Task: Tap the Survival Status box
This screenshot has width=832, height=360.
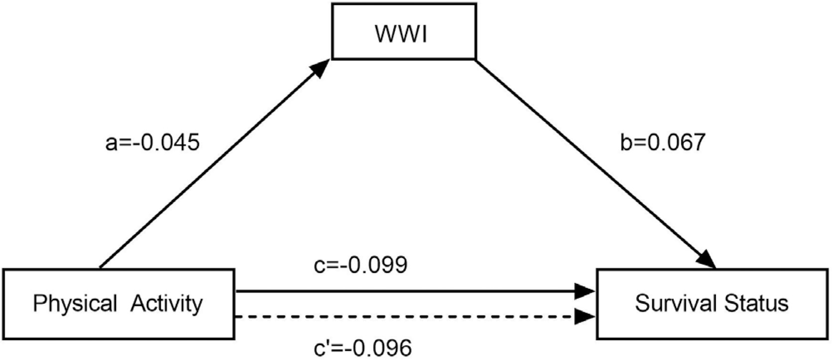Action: pos(712,304)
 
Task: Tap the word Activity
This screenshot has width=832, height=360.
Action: pos(167,303)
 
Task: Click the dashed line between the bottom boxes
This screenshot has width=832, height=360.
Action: pos(398,316)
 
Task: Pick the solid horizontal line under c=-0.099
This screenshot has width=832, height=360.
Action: pos(398,291)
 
